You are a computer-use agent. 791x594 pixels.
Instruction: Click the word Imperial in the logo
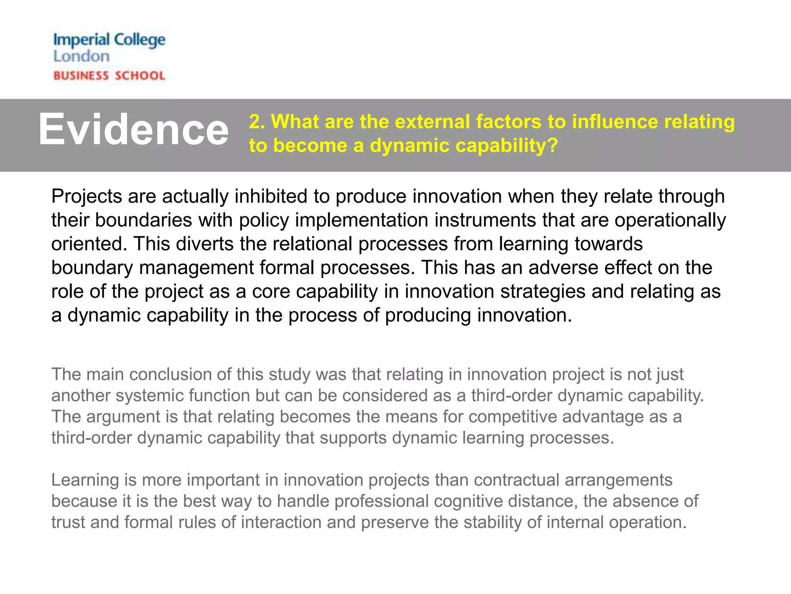click(81, 40)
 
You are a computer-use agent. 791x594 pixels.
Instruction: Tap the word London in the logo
click(81, 56)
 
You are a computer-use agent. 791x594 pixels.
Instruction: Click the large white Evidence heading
click(133, 130)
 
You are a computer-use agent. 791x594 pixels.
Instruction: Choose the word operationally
click(670, 220)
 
